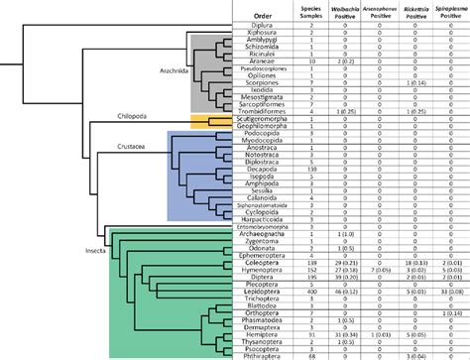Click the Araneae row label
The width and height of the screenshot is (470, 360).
260,60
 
